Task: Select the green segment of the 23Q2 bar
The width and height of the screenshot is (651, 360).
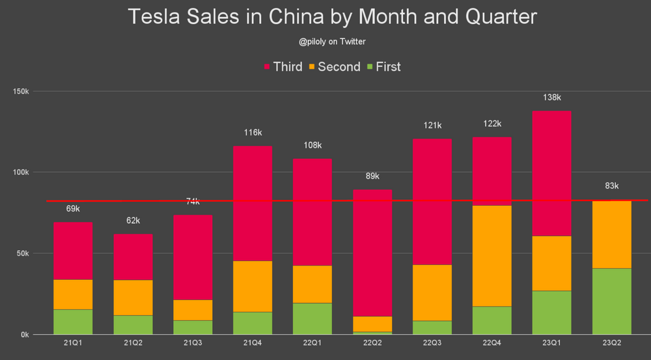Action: tap(611, 301)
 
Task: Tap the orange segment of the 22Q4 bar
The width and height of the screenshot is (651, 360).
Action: tap(492, 256)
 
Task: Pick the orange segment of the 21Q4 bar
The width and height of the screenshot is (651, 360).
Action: tap(253, 286)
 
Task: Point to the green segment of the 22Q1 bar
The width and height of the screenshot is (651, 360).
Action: tap(312, 318)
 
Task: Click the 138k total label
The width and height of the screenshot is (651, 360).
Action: tap(551, 98)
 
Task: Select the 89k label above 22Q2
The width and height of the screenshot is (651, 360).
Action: tap(372, 176)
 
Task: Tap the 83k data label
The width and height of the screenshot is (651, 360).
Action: tap(611, 186)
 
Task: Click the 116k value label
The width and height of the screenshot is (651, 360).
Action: tap(253, 133)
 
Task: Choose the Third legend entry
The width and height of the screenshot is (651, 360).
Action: tap(282, 66)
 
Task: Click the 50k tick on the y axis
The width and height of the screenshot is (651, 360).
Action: tap(23, 253)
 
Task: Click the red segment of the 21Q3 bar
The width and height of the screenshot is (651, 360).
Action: tap(193, 257)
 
